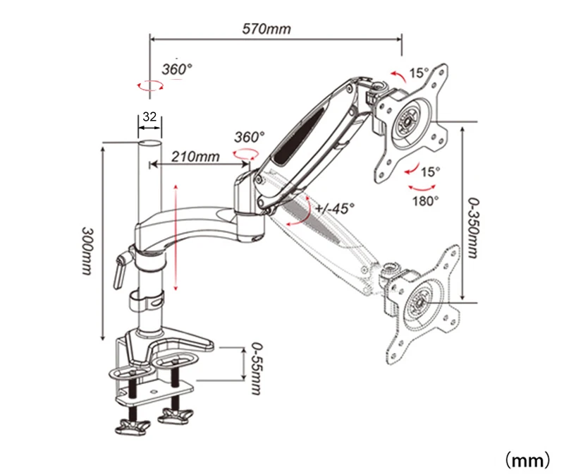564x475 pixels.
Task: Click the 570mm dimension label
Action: tap(266, 29)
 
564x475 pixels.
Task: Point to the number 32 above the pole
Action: tap(149, 117)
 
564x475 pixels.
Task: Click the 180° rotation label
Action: tap(426, 200)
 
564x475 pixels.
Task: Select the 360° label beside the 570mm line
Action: tap(176, 69)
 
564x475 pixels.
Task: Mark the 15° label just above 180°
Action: tap(429, 172)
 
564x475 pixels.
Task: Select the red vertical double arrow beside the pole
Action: tap(175, 236)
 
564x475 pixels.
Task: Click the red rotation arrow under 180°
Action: tap(422, 187)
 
